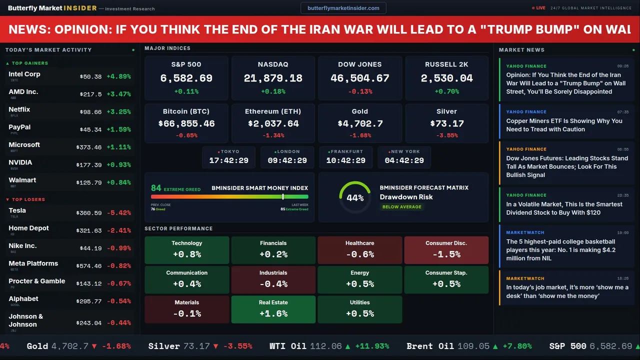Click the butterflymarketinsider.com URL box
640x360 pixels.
pyautogui.click(x=343, y=8)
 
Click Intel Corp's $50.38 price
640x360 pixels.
pyautogui.click(x=90, y=77)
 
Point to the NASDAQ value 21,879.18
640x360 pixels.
pyautogui.click(x=273, y=78)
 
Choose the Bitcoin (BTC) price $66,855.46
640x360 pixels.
pyautogui.click(x=186, y=123)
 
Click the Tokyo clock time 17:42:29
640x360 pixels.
pyautogui.click(x=228, y=160)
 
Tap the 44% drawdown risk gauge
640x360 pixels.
pyautogui.click(x=355, y=197)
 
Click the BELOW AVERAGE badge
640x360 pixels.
pyautogui.click(x=401, y=207)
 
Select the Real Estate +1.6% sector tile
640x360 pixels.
pyautogui.click(x=273, y=309)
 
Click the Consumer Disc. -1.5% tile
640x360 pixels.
pyautogui.click(x=446, y=250)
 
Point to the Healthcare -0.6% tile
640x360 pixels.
pyautogui.click(x=359, y=250)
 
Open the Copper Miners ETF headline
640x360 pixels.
pyautogui.click(x=564, y=125)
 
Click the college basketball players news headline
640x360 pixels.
pyautogui.click(x=560, y=250)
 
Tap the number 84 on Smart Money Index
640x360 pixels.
pyautogui.click(x=156, y=188)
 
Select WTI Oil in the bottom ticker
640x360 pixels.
pyautogui.click(x=288, y=346)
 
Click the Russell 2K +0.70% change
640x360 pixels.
pyautogui.click(x=446, y=91)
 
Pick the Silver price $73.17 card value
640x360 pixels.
pyautogui.click(x=446, y=123)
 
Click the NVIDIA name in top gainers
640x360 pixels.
pyautogui.click(x=20, y=162)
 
